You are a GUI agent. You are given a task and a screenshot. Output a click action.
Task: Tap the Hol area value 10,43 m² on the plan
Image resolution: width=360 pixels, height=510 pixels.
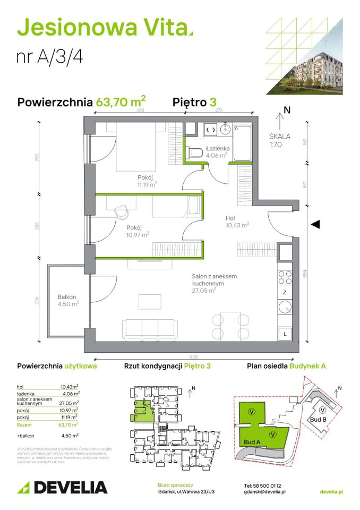tap(237, 225)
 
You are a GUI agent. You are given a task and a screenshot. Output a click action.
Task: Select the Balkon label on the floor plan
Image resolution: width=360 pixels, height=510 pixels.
tap(67, 296)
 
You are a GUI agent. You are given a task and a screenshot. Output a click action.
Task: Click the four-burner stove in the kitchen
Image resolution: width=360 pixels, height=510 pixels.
tap(285, 277)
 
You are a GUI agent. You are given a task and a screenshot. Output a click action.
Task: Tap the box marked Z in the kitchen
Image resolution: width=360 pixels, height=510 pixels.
tap(285, 292)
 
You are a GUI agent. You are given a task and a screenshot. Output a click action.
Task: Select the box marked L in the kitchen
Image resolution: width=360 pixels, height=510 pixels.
tap(285, 334)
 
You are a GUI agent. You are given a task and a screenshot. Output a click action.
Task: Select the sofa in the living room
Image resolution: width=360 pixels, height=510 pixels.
tap(149, 329)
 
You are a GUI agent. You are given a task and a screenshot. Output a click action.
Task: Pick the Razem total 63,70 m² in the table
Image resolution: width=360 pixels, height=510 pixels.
tap(71, 424)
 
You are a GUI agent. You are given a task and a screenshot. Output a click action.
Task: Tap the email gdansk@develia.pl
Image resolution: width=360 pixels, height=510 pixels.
tap(265, 492)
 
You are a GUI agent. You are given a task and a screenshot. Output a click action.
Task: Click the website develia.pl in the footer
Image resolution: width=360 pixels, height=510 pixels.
tap(332, 492)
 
